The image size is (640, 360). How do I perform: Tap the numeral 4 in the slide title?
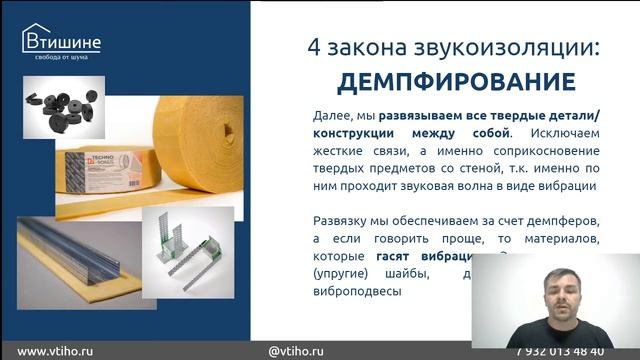(x=310, y=46)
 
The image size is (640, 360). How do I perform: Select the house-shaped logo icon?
(x=35, y=38)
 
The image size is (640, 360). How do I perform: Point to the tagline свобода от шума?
(x=62, y=57)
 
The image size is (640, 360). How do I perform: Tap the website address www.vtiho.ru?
(x=58, y=351)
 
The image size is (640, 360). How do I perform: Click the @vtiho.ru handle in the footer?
(x=296, y=351)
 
